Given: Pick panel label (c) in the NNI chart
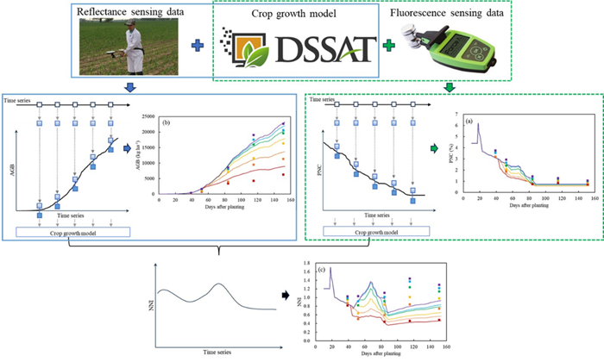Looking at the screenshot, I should tap(320, 259).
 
